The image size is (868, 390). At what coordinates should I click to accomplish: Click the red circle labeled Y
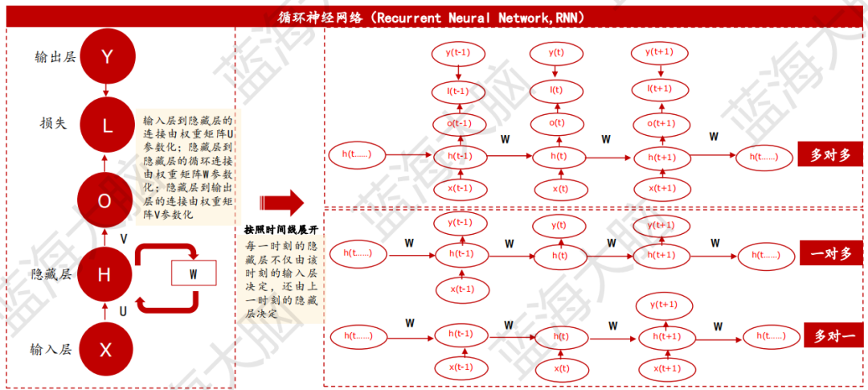(x=105, y=57)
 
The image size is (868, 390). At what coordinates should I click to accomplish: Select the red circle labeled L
(x=105, y=125)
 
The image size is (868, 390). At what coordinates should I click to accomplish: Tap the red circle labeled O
(x=105, y=201)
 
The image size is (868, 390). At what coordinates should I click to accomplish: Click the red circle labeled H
(x=105, y=275)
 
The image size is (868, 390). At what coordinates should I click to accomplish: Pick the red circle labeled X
(x=105, y=350)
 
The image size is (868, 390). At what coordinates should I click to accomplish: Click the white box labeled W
(x=194, y=273)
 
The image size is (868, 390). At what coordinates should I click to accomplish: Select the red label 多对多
(x=829, y=155)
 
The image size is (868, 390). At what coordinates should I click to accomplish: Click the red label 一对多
(x=832, y=253)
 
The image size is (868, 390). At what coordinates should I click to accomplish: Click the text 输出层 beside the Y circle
(x=54, y=57)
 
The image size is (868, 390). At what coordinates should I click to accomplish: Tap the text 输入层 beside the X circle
(x=51, y=350)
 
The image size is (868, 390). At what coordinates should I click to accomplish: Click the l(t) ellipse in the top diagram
(x=555, y=90)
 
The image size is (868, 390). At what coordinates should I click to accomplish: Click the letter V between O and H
(x=123, y=239)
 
